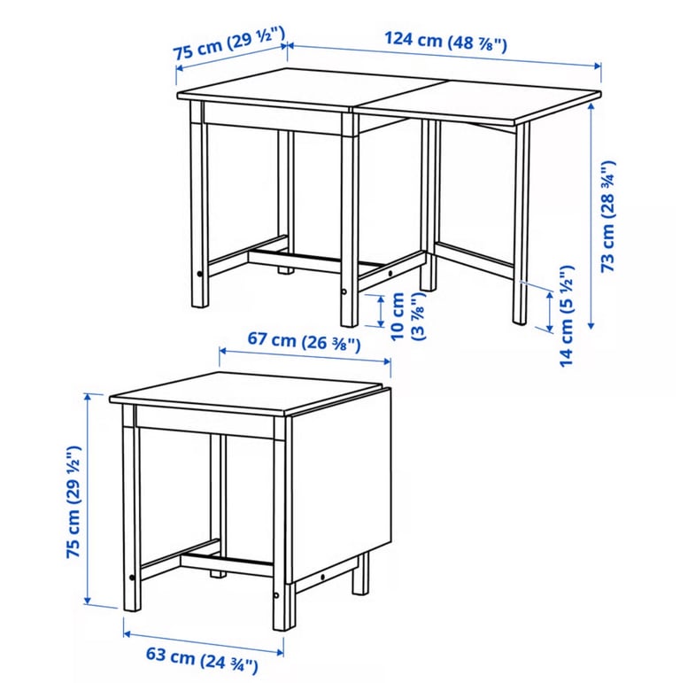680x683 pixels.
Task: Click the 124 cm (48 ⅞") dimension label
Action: click(x=445, y=42)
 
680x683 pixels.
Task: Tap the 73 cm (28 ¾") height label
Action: click(x=608, y=216)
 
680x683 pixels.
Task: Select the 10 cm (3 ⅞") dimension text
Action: click(x=407, y=316)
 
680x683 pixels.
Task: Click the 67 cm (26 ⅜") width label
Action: click(x=304, y=341)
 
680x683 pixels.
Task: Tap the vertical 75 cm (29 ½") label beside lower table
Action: click(x=73, y=501)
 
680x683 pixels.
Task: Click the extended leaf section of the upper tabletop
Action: click(x=479, y=101)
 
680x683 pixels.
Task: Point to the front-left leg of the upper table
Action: click(x=199, y=204)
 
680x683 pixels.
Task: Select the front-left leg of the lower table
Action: click(x=131, y=508)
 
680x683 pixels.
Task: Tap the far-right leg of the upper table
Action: click(x=522, y=223)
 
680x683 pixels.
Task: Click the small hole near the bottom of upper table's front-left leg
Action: click(x=199, y=274)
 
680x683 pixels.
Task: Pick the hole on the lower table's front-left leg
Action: click(x=132, y=578)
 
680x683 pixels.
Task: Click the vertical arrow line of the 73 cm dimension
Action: click(x=591, y=216)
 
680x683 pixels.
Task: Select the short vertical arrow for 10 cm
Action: click(x=381, y=311)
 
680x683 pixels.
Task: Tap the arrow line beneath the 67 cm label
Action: click(x=305, y=356)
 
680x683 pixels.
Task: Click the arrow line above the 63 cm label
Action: click(x=204, y=643)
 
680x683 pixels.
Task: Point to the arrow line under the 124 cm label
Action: click(x=444, y=55)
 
